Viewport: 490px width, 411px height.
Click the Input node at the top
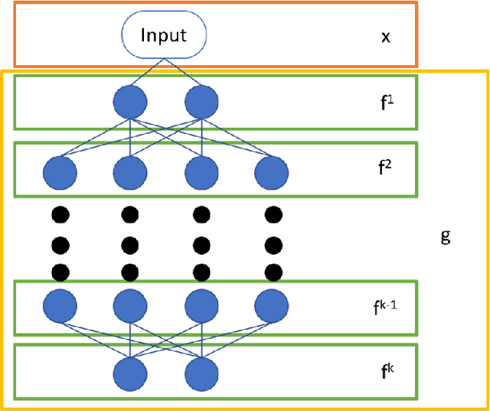click(x=165, y=35)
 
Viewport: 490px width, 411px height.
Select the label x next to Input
click(x=386, y=36)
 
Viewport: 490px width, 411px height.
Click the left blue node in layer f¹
click(x=129, y=101)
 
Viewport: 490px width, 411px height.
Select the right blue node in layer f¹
click(x=201, y=101)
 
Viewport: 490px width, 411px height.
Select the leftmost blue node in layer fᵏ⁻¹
click(x=62, y=306)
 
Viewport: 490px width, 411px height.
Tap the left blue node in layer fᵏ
click(x=129, y=376)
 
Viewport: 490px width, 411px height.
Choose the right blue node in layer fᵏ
click(x=201, y=376)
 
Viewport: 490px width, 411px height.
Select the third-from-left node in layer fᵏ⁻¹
click(x=201, y=306)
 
